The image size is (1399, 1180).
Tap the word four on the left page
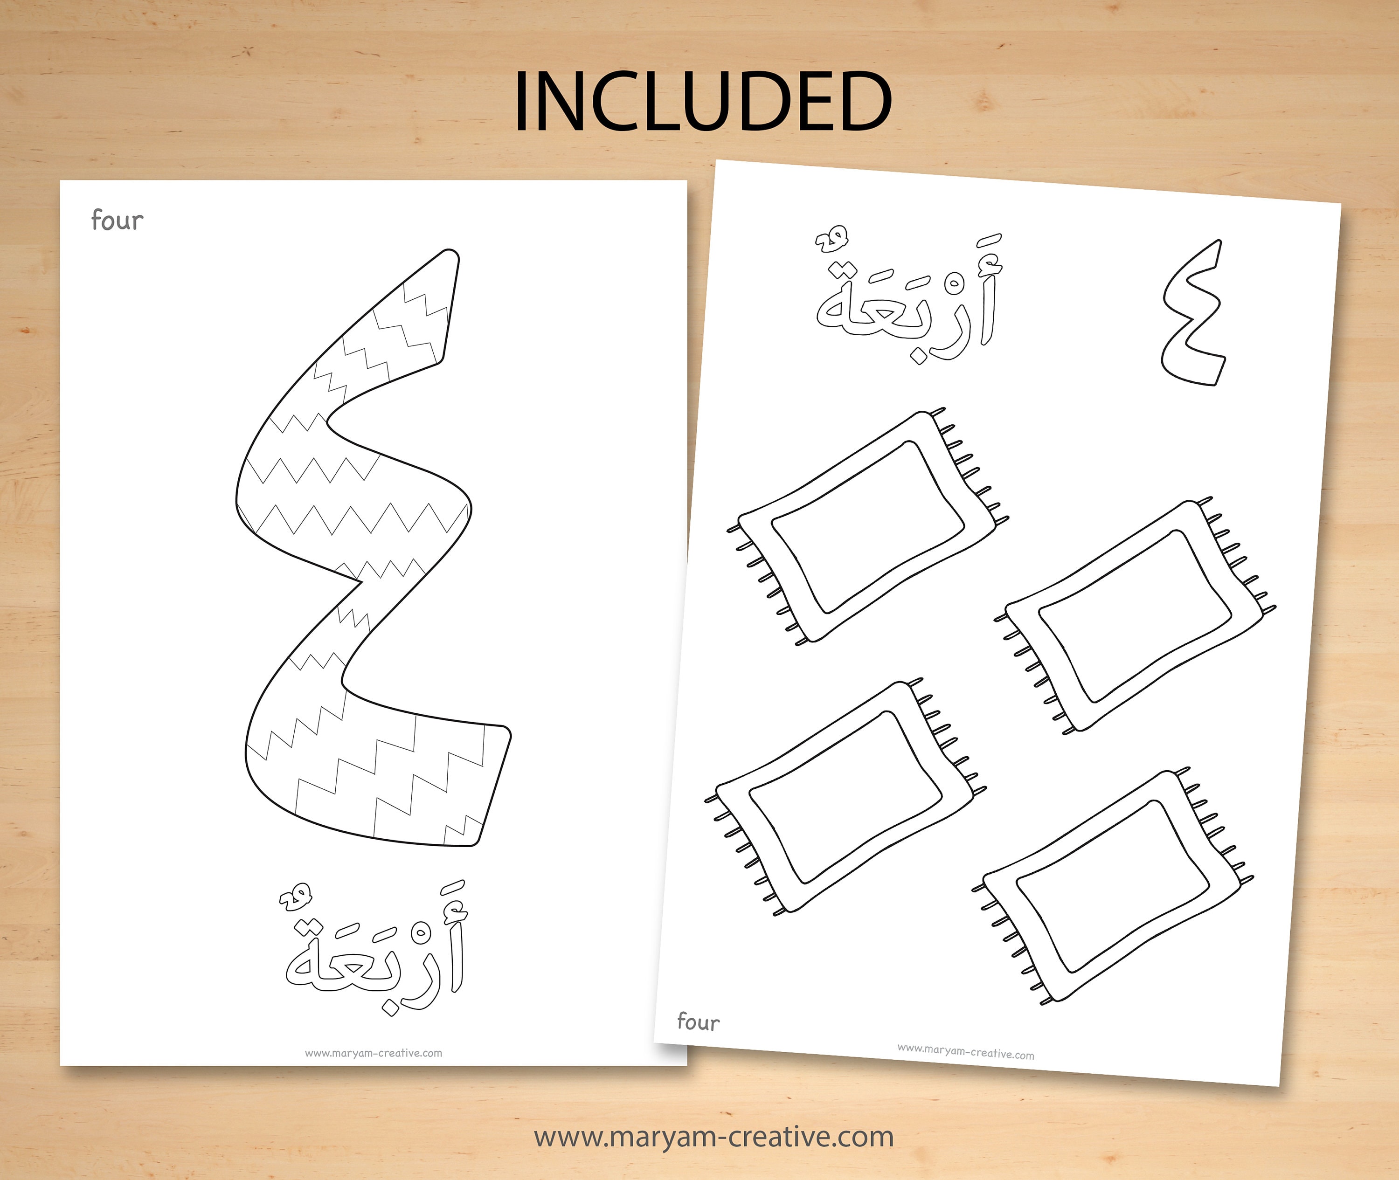(117, 220)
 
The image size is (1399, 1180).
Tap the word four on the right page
(698, 1021)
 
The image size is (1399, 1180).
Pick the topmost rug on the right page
(868, 526)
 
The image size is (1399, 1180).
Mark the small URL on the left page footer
(374, 1053)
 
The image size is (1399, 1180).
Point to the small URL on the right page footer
(965, 1052)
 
